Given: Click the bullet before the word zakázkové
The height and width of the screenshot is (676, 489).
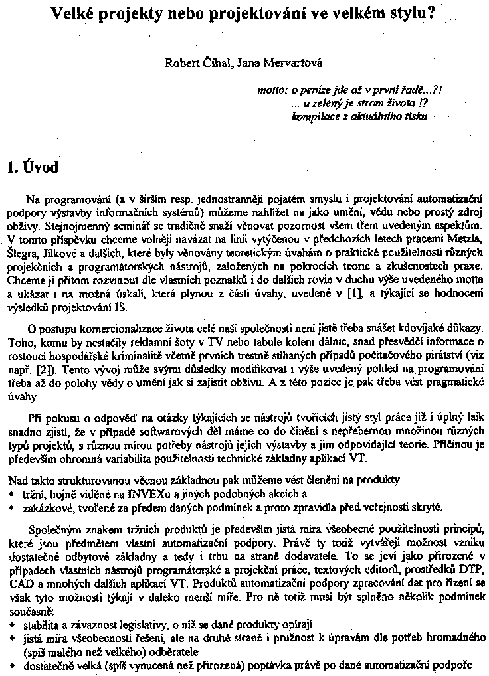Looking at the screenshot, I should point(11,507).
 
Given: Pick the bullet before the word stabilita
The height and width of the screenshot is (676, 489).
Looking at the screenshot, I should point(11,626).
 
